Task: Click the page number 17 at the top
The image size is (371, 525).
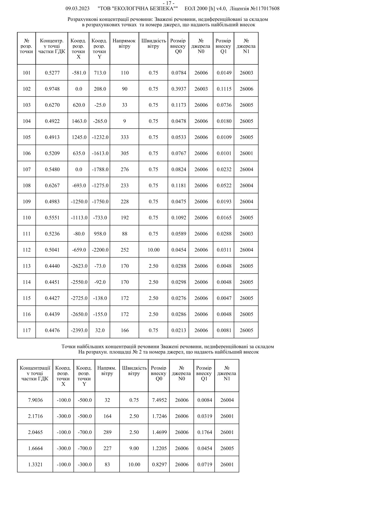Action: (168, 3)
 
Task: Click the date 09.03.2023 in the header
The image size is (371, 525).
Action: (77, 9)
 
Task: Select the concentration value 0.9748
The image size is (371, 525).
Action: (52, 89)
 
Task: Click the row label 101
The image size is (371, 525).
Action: (27, 73)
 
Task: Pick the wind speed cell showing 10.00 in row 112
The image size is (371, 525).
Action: (153, 250)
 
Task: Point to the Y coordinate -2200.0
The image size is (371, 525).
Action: (100, 250)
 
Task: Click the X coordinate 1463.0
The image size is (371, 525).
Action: (79, 121)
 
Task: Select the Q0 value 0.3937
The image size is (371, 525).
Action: (179, 89)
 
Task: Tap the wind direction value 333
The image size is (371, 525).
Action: (125, 137)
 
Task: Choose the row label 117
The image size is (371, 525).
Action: (27, 330)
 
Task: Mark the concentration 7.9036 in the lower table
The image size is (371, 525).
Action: (35, 400)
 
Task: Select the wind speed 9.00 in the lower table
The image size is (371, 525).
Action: (134, 448)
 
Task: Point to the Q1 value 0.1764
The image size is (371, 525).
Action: (205, 432)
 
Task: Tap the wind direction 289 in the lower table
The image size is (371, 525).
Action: (107, 432)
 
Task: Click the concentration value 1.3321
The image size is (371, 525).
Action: (35, 465)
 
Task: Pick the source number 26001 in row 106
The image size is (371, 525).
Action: (246, 153)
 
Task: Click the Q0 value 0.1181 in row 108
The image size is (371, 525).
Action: (179, 185)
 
